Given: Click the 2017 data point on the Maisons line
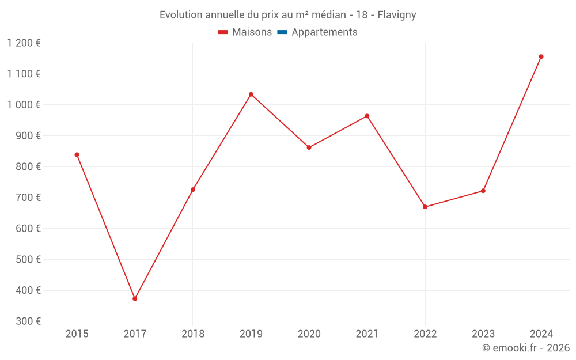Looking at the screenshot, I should point(135,298).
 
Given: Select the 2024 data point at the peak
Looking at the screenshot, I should point(541,56).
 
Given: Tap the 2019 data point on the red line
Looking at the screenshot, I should point(251,94).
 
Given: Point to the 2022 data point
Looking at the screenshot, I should point(425,207).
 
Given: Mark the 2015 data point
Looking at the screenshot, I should point(77,154).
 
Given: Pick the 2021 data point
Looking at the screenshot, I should point(367,116).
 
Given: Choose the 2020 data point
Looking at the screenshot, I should point(309,147).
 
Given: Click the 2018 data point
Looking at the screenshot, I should point(193,190).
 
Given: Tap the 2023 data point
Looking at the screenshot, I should point(483,191).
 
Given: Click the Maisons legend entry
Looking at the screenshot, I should point(245,32).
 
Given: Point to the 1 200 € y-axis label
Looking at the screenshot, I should point(24,43).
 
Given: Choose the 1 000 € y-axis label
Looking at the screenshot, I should point(24,105).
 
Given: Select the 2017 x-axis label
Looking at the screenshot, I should point(135,334).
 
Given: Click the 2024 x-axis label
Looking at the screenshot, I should point(541,334).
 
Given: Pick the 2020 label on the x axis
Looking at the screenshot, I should point(309,334).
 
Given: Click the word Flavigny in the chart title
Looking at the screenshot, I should point(397,15).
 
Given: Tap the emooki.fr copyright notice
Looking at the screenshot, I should point(526,348).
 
